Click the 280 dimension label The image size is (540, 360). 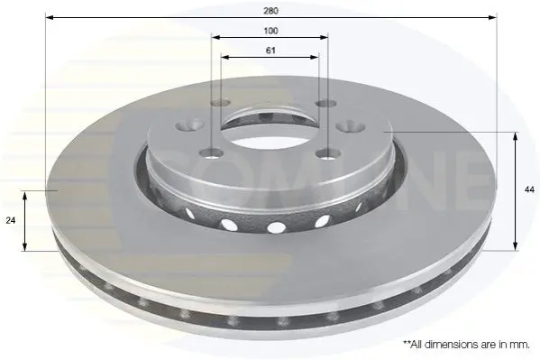click(270, 11)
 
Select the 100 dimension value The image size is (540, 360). click(270, 31)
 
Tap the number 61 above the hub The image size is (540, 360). click(270, 51)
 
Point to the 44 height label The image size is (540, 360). click(529, 189)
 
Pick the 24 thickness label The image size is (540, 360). click(11, 220)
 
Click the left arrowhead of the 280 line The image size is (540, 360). click(50, 17)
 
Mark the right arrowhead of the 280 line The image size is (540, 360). click(493, 17)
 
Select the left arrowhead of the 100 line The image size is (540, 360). click(216, 37)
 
